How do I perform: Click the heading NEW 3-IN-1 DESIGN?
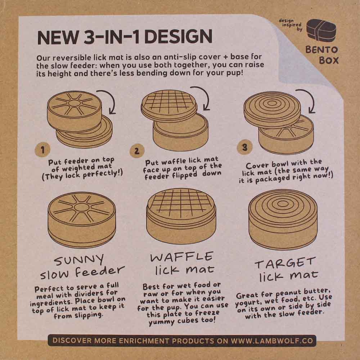click(125, 37)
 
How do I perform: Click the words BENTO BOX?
click(322, 55)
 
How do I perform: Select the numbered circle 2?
click(136, 150)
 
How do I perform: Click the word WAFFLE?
click(181, 257)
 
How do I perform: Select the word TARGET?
click(285, 263)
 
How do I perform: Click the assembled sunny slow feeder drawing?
click(82, 218)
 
